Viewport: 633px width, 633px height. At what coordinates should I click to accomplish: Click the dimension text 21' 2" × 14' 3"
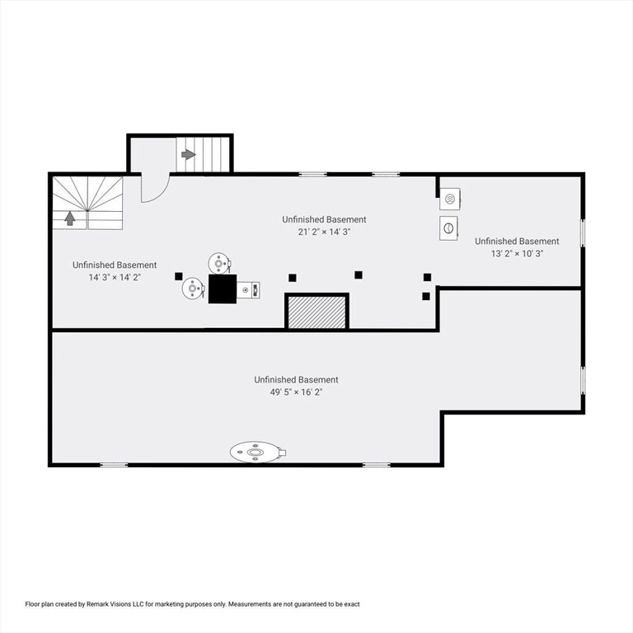click(324, 232)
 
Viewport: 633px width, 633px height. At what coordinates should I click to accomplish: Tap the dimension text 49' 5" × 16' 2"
click(296, 392)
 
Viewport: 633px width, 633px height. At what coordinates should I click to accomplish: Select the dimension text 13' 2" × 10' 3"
click(517, 254)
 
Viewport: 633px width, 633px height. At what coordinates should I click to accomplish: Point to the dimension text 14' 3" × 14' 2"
click(115, 277)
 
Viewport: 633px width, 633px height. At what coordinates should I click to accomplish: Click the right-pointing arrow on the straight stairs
click(189, 154)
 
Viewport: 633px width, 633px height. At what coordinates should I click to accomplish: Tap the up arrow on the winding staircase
click(70, 218)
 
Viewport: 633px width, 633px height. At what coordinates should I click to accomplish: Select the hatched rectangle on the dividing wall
click(316, 312)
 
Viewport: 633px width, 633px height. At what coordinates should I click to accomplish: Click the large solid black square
click(223, 288)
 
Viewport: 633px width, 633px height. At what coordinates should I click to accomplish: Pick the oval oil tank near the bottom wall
click(257, 452)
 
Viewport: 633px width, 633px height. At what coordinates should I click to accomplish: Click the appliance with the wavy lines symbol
click(450, 199)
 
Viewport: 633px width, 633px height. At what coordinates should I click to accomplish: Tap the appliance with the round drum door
click(448, 228)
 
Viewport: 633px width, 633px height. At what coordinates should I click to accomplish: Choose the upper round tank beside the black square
click(219, 264)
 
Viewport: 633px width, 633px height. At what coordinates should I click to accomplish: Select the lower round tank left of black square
click(193, 288)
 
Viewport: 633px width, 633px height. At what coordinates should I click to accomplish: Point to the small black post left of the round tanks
click(178, 276)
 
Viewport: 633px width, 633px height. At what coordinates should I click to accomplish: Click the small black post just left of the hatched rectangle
click(293, 278)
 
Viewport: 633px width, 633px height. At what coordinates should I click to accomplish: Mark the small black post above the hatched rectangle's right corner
click(358, 275)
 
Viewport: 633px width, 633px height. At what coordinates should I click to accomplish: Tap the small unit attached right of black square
click(248, 290)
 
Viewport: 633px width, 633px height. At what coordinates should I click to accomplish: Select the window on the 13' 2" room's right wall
click(582, 233)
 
